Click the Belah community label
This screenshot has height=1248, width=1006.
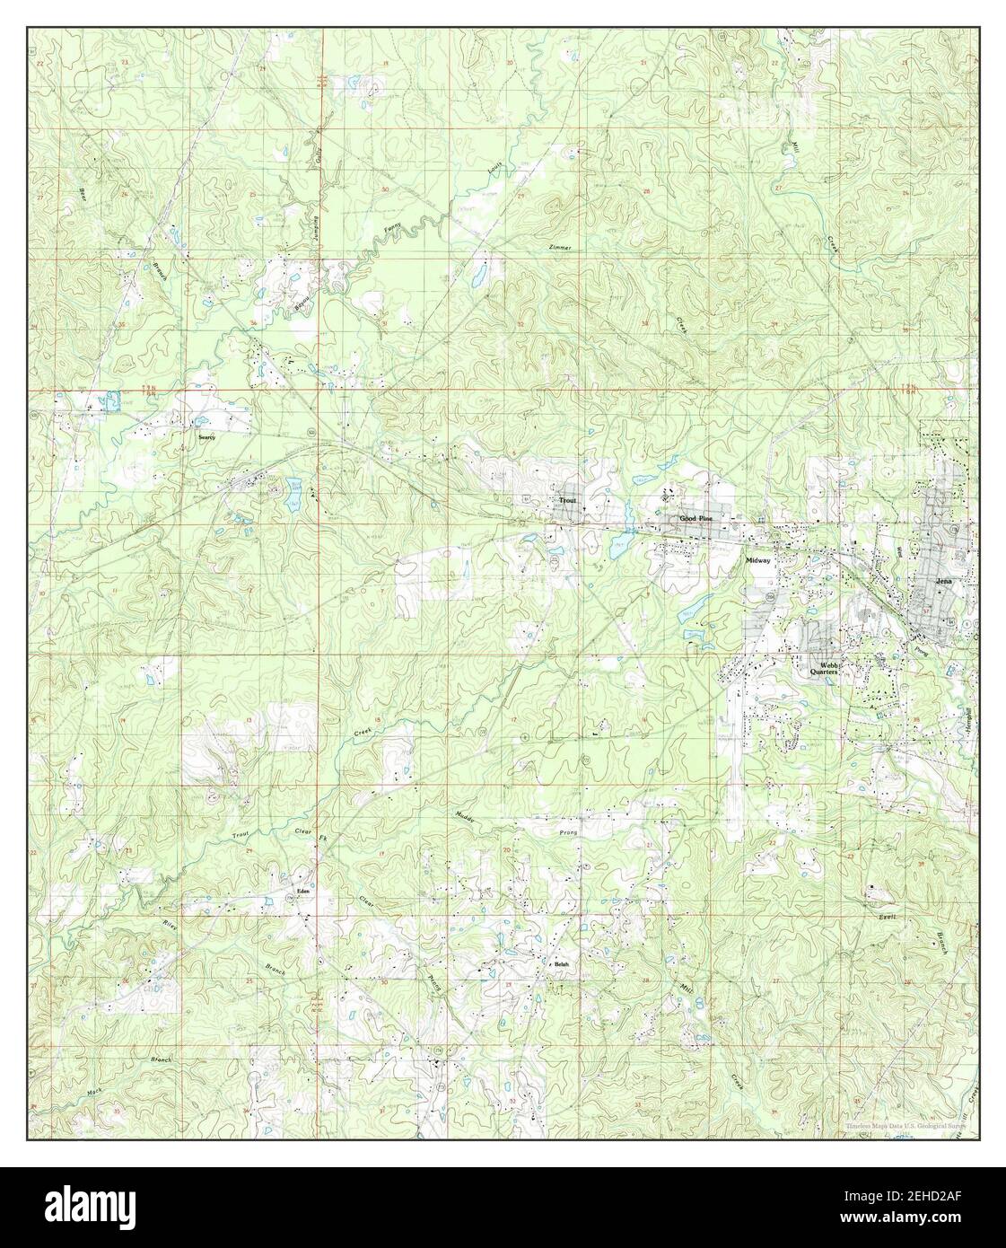(562, 964)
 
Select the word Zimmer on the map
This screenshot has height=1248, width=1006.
(557, 247)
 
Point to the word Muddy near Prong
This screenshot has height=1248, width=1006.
(464, 817)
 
